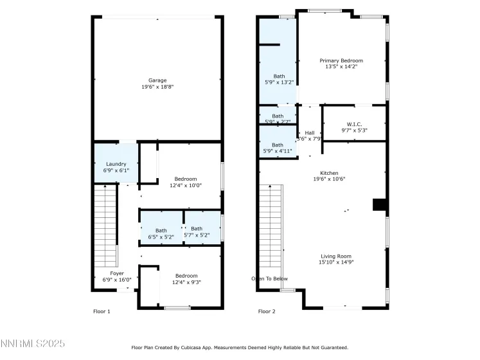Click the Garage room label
157,84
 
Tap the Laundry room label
116,167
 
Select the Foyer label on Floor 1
117,276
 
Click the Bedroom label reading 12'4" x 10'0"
186,182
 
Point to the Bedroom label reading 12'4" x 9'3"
186,278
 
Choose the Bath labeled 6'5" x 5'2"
161,233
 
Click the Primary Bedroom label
341,63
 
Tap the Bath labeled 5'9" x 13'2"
279,78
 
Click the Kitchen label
330,176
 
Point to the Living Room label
336,258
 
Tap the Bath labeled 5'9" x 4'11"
278,148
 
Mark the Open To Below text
269,278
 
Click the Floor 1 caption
102,311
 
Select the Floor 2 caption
267,311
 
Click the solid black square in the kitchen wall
380,204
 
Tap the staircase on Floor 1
106,225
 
